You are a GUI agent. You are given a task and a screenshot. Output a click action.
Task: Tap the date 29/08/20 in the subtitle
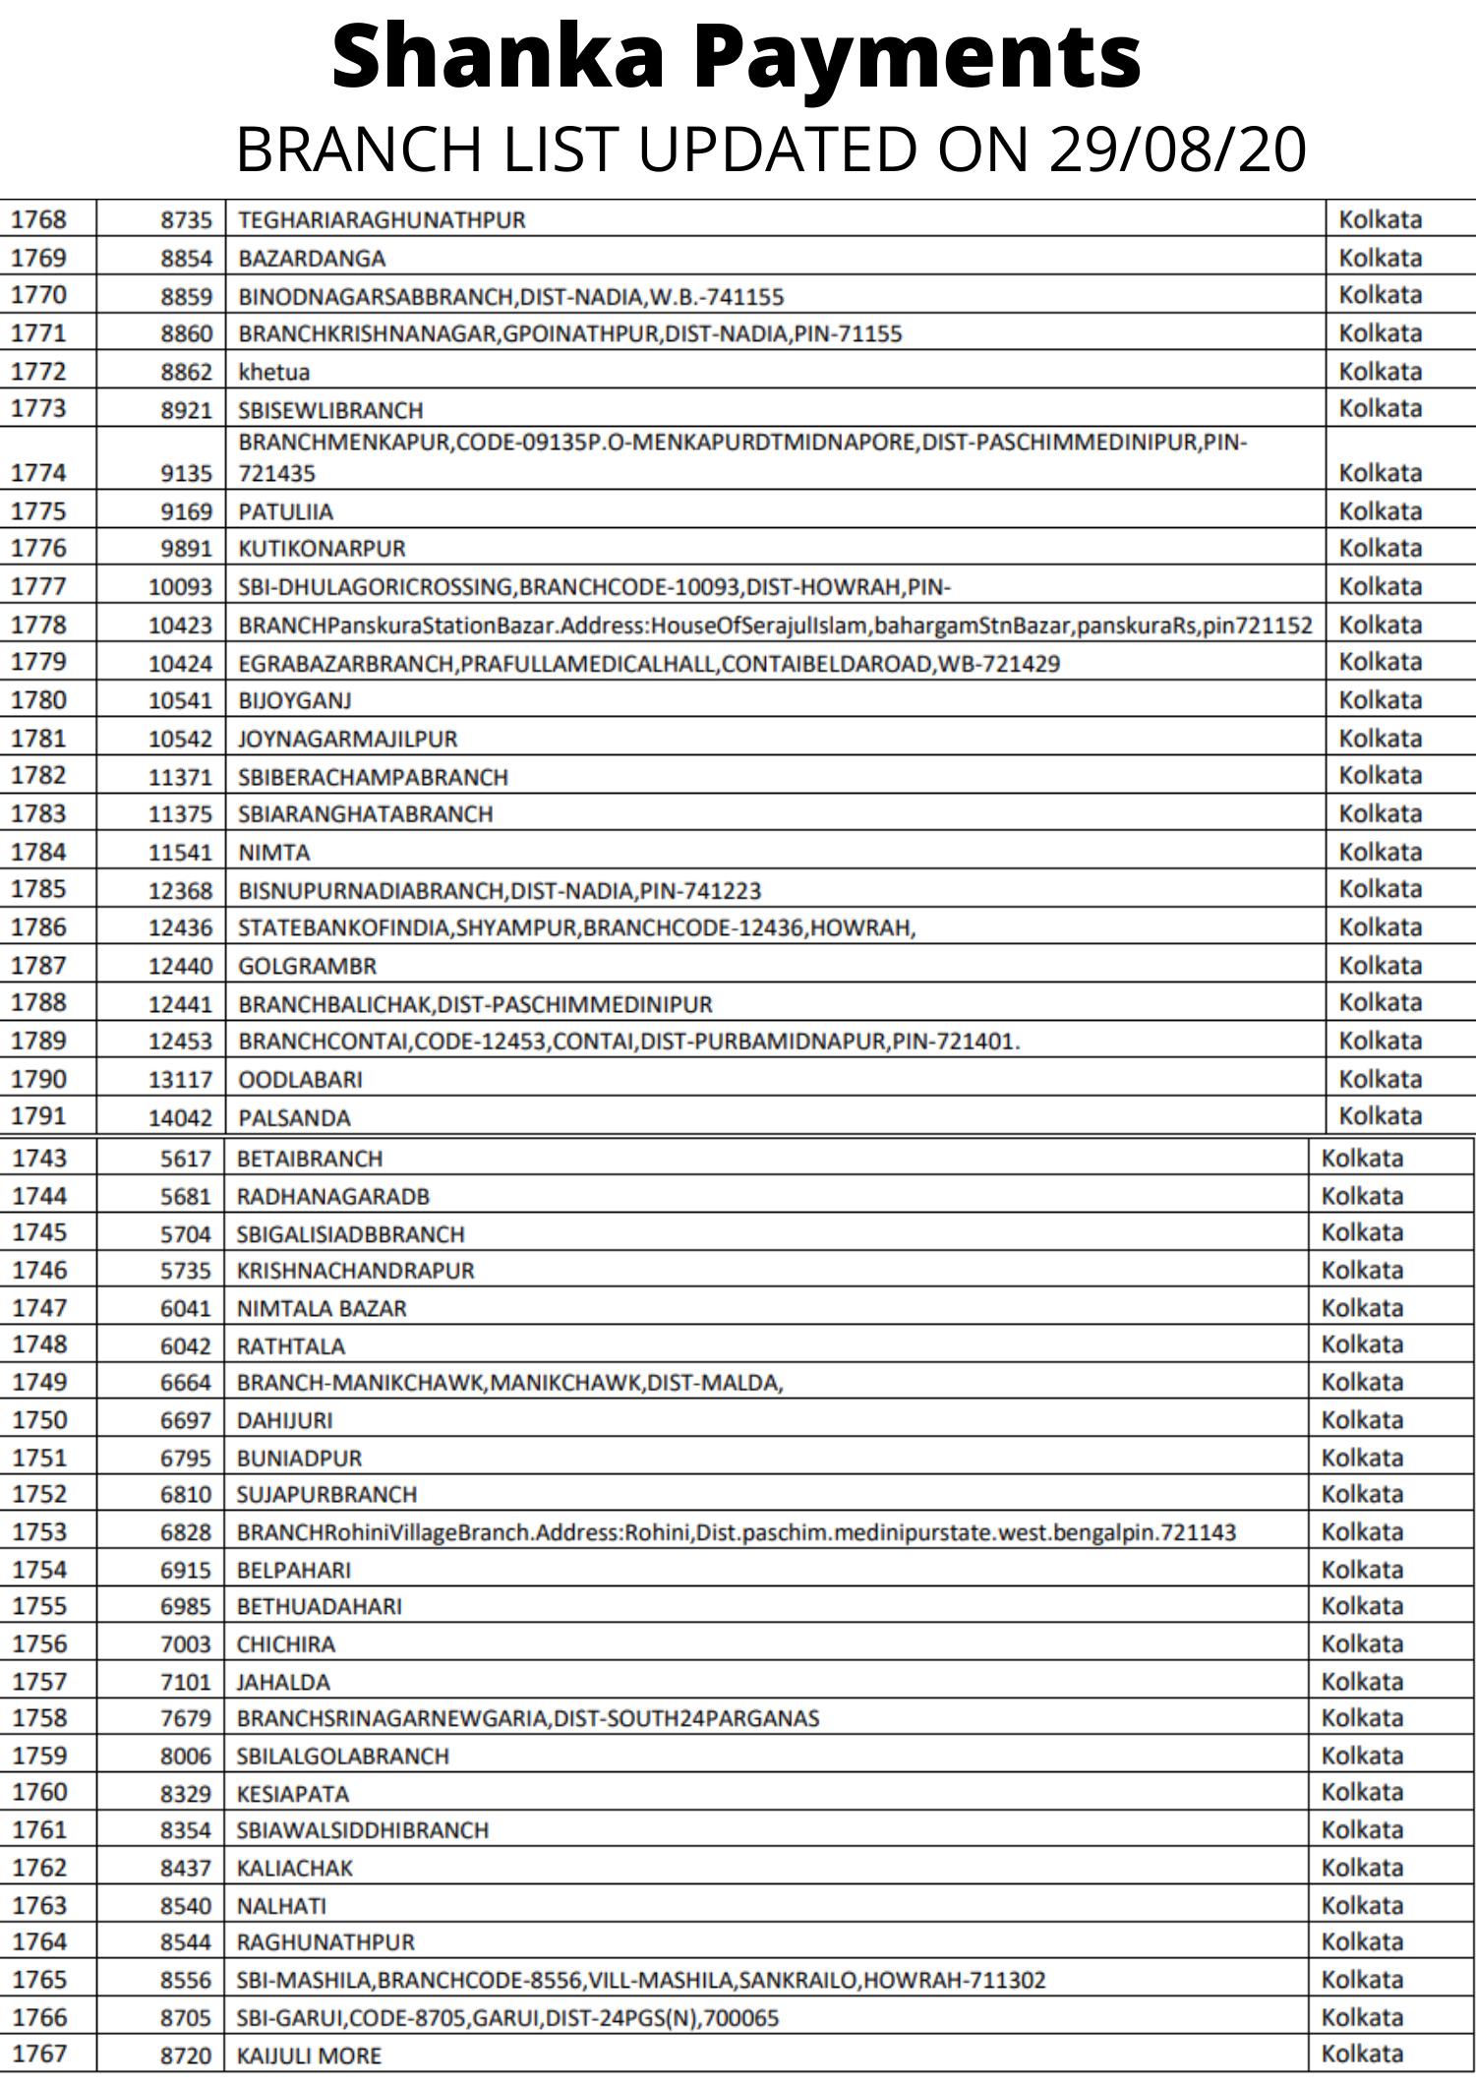[x=1177, y=149]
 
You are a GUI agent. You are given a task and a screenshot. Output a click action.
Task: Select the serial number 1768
[x=38, y=219]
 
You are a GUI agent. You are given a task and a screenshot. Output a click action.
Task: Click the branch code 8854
[x=186, y=259]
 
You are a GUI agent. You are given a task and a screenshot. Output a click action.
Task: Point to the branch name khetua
[x=273, y=372]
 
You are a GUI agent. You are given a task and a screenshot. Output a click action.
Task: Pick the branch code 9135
[x=186, y=474]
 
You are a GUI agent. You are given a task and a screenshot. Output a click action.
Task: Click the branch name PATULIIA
[x=285, y=512]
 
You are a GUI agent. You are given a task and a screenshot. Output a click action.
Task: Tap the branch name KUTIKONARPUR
[x=322, y=549]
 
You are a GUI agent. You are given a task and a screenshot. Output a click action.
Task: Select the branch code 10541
[x=180, y=701]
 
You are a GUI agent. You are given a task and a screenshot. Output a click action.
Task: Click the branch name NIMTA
[x=273, y=853]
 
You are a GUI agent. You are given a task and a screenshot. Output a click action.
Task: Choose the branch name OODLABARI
[x=300, y=1080]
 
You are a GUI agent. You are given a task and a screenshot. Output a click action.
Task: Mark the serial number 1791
[x=38, y=1116]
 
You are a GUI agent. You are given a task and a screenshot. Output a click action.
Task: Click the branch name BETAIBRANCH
[x=309, y=1160]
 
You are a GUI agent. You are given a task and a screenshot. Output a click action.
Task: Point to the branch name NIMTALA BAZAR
[x=321, y=1309]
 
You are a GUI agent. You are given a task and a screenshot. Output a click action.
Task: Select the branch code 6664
[x=186, y=1383]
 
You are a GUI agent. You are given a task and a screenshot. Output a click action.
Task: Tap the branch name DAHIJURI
[x=284, y=1421]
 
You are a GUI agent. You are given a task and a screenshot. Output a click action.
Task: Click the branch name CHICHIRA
[x=285, y=1644]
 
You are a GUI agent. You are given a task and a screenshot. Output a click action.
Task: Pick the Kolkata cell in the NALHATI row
[x=1361, y=1906]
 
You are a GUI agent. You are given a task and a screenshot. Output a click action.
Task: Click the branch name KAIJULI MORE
[x=308, y=2056]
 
